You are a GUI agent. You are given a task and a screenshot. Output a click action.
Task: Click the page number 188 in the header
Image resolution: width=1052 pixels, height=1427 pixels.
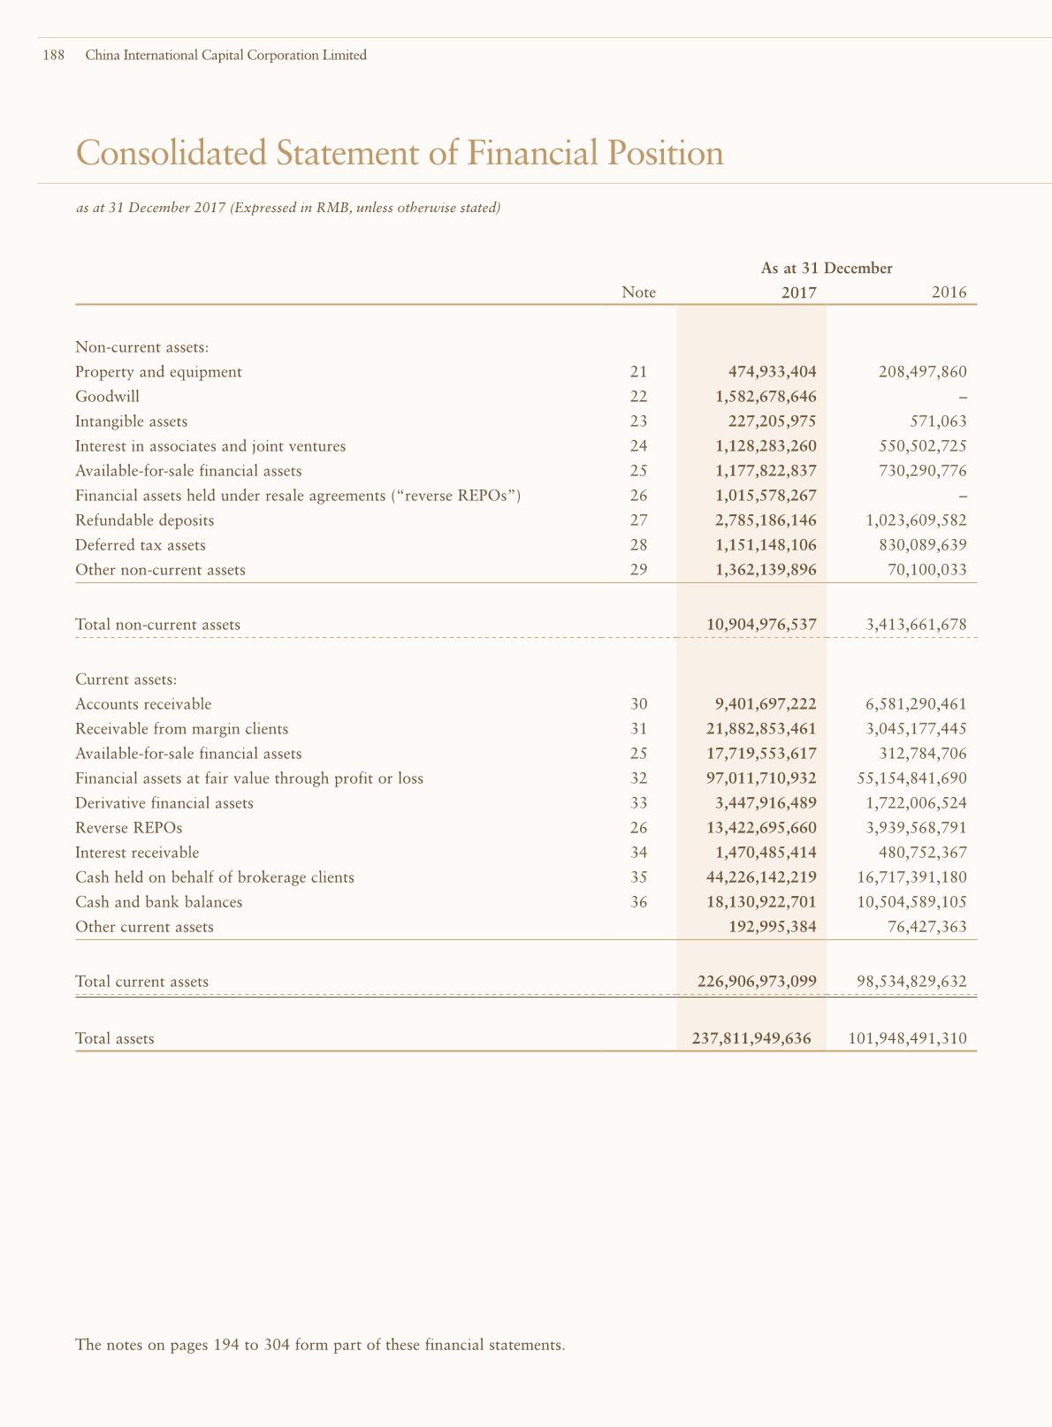coord(53,56)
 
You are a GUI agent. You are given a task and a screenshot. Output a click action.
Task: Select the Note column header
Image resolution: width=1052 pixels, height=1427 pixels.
coord(638,292)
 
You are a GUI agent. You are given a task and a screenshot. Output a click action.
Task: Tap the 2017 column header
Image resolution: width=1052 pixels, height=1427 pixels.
coord(798,292)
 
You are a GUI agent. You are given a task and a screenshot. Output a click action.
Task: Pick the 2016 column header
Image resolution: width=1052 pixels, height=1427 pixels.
coord(949,292)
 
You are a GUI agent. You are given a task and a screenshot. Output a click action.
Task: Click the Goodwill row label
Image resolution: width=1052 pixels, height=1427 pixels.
coord(107,397)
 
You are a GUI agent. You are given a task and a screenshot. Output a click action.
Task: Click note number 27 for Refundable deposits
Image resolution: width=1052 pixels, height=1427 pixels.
coord(638,520)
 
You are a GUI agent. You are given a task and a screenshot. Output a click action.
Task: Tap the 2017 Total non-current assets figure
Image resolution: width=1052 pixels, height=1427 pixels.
coord(761,625)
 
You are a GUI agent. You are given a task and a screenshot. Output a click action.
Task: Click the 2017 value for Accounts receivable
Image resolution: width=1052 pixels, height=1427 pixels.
coord(766,704)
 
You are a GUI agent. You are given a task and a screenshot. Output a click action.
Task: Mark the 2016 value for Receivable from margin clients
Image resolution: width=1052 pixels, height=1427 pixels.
coord(917,729)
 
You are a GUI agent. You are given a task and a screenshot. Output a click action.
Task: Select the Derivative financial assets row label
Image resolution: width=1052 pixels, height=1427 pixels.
coord(164,803)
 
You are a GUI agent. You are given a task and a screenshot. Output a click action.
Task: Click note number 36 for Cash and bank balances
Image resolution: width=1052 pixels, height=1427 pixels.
coord(638,902)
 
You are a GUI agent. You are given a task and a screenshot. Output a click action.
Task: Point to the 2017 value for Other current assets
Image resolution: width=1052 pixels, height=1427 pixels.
coord(772,927)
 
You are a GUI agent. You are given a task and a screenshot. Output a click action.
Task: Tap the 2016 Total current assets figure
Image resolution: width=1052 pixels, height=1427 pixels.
coord(911,982)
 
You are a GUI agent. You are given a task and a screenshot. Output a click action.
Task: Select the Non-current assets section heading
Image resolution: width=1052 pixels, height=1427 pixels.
coord(141,347)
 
